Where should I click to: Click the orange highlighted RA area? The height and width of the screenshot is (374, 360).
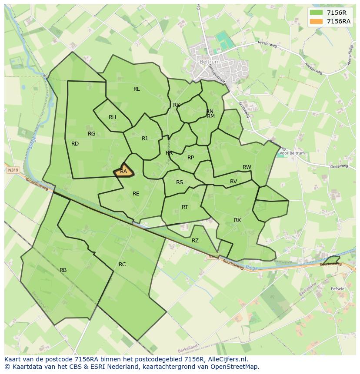pos(124,171)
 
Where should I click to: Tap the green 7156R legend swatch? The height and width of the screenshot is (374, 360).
pos(317,13)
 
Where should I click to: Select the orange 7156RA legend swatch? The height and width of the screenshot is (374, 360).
pos(317,21)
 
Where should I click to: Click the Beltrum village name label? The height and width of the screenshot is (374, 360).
pos(210,62)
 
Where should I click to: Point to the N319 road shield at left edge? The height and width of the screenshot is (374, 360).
pos(12,171)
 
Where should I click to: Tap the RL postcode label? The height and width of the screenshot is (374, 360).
pos(137,89)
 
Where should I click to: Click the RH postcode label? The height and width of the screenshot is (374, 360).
pos(112,117)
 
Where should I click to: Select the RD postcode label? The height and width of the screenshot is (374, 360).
pos(75,144)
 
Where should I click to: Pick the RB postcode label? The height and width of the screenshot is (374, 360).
pos(63,270)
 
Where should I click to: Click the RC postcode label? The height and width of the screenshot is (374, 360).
pos(122,265)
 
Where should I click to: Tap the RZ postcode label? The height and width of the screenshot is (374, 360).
pos(195,241)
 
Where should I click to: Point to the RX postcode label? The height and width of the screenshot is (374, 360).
pos(237,220)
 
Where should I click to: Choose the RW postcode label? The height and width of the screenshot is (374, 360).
pos(247,167)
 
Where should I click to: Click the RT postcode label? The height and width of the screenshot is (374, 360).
pos(185,207)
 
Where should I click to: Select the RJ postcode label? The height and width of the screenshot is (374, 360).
pos(145,139)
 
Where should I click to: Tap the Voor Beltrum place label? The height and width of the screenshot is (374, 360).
pos(292,153)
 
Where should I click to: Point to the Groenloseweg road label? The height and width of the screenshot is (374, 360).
pos(37,183)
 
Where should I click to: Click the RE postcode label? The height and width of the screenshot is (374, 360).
pos(136,194)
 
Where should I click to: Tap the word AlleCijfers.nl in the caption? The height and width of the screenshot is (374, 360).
pos(227,359)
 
